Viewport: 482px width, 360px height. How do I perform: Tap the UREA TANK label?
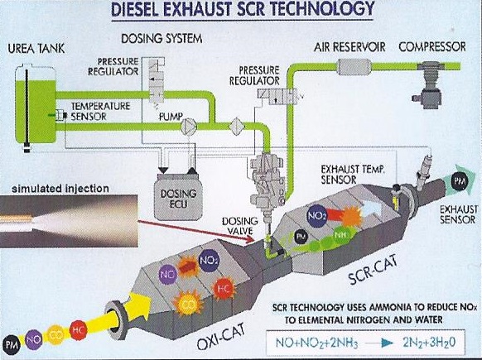(36, 49)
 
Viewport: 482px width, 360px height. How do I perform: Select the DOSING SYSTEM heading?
(161, 39)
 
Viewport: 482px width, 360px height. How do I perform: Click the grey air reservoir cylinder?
(354, 67)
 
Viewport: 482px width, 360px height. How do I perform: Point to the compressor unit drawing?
(429, 84)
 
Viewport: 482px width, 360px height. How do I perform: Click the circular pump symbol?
(189, 127)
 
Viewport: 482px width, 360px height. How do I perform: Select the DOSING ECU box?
(178, 197)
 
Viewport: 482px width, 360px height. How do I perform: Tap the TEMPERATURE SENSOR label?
(100, 111)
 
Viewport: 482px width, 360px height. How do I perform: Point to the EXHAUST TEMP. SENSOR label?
(353, 174)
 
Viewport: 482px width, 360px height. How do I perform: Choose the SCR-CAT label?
(373, 271)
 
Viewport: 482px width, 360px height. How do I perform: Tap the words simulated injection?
(60, 189)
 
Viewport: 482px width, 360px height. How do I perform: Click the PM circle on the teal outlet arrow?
(460, 181)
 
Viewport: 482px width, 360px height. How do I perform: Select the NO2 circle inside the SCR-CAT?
(317, 216)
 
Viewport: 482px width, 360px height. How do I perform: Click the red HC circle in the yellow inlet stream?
(78, 330)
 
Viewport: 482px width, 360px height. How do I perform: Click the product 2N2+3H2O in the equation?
(429, 343)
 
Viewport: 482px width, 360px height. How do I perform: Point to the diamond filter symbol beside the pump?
(237, 127)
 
